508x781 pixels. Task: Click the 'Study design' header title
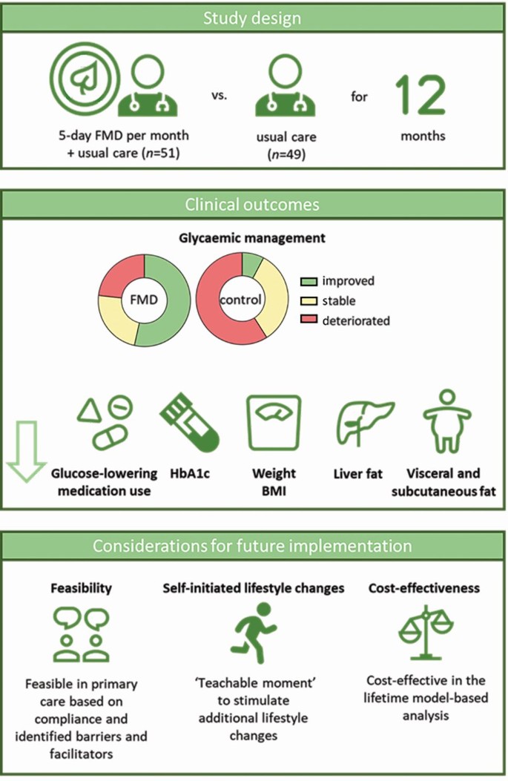pyautogui.click(x=252, y=19)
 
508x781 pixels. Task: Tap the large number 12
pyautogui.click(x=420, y=95)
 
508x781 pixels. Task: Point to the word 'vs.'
pyautogui.click(x=219, y=95)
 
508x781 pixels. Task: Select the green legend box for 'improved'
pyautogui.click(x=309, y=281)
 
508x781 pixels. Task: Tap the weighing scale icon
pyautogui.click(x=274, y=423)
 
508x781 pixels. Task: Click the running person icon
pyautogui.click(x=254, y=632)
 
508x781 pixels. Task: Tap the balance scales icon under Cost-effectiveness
pyautogui.click(x=426, y=631)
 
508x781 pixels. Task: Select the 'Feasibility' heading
pyautogui.click(x=81, y=588)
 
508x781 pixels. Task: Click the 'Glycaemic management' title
pyautogui.click(x=252, y=238)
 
